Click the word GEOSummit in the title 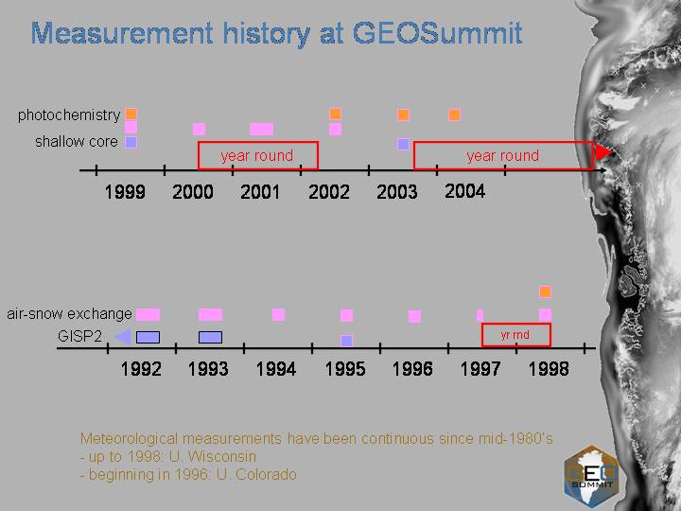tap(437, 33)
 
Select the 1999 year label tap(125, 191)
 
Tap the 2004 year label tap(464, 191)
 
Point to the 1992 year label tap(141, 369)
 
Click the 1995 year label tap(345, 369)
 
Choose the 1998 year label tap(549, 369)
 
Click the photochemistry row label tap(69, 115)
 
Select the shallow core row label tap(77, 141)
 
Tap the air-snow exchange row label tap(69, 314)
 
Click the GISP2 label tap(79, 336)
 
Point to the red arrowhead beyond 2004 tap(603, 152)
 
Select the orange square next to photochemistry tap(131, 115)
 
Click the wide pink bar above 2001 tap(261, 129)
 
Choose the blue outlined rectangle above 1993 tap(210, 337)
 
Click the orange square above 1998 tap(545, 291)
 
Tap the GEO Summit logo tap(591, 477)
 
